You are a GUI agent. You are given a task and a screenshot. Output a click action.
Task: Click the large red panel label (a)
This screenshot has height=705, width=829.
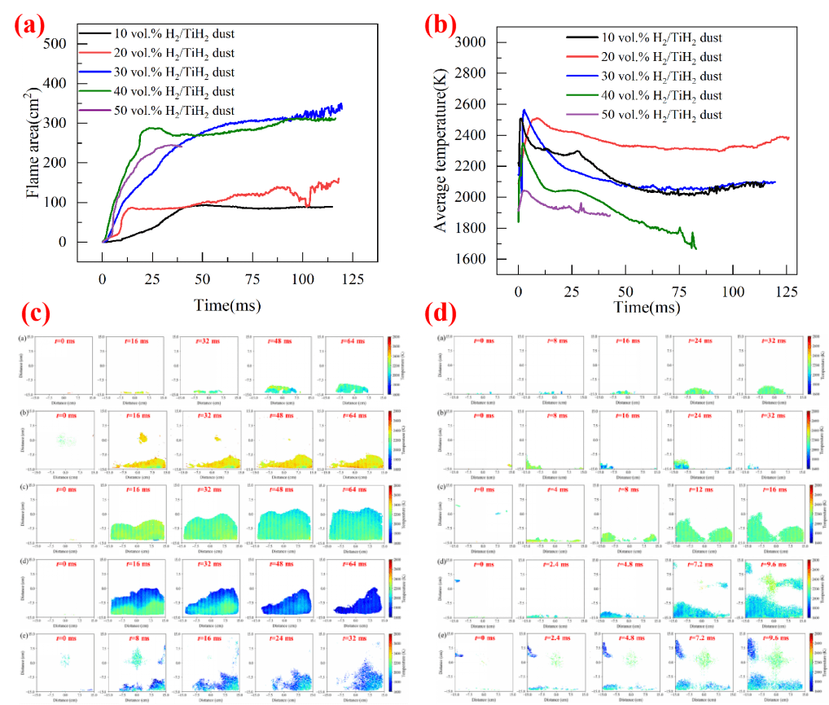pyautogui.click(x=29, y=24)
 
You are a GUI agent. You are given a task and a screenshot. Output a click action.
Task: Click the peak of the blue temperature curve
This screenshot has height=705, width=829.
pyautogui.click(x=524, y=110)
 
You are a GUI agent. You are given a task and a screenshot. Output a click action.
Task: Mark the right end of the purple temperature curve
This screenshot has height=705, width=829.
pyautogui.click(x=610, y=215)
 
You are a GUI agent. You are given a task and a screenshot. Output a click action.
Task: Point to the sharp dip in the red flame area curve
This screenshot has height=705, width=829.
pyautogui.click(x=308, y=205)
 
